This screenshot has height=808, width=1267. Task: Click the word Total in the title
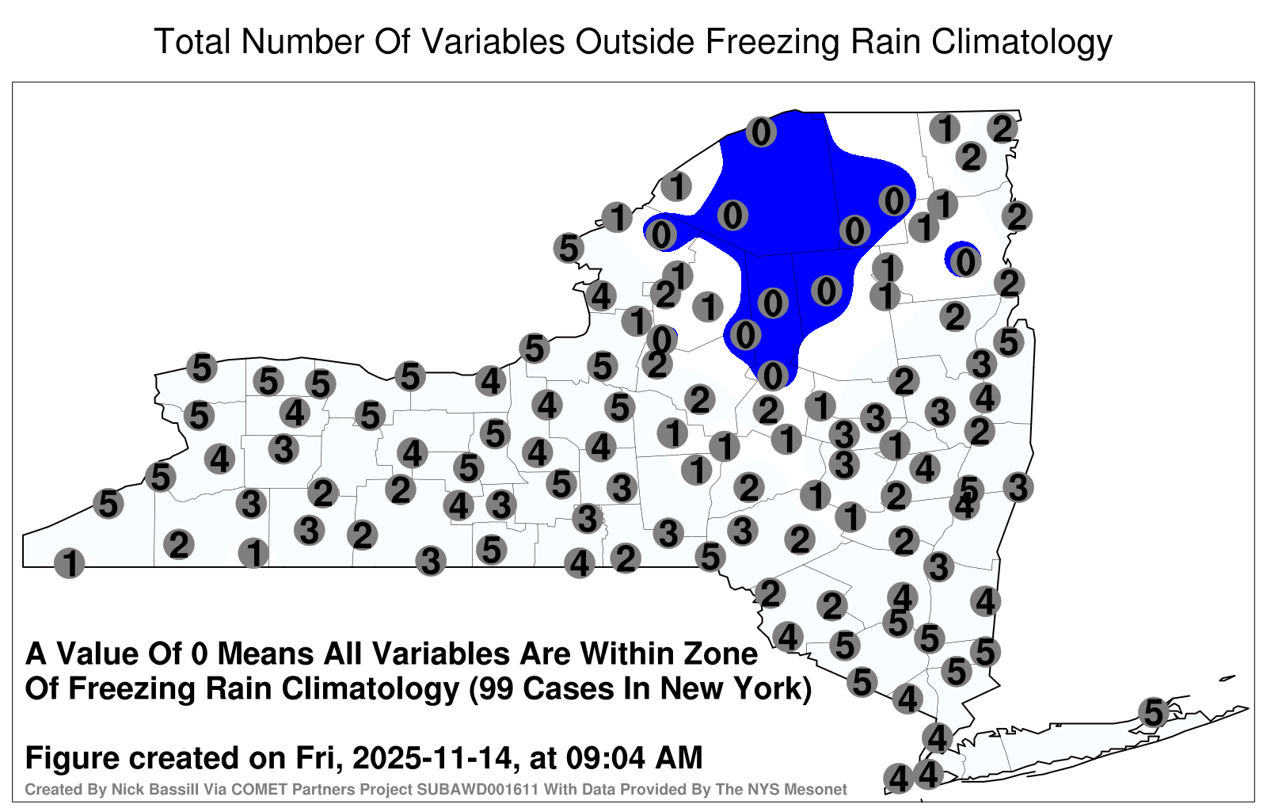tap(193, 41)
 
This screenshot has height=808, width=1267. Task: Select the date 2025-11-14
tap(432, 758)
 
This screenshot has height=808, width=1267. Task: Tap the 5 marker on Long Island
tap(1153, 712)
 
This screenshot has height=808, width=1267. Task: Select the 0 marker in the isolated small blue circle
tap(965, 262)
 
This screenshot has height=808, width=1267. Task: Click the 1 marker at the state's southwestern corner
tap(69, 563)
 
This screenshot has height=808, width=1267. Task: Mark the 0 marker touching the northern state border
tap(761, 132)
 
